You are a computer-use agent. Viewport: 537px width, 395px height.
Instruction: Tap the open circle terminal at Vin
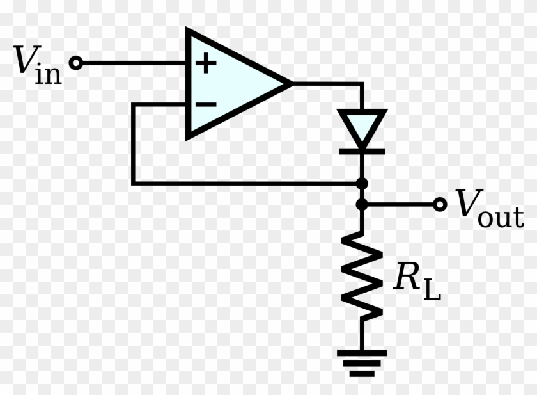tap(76, 63)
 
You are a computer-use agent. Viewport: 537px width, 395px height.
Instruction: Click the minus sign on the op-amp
tap(205, 104)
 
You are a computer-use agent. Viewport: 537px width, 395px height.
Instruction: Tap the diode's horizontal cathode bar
tap(361, 152)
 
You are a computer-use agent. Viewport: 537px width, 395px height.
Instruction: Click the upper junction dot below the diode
tap(362, 184)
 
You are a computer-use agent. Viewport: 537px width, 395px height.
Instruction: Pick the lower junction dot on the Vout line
tap(362, 205)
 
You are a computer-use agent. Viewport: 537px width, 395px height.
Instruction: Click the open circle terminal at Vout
tap(439, 205)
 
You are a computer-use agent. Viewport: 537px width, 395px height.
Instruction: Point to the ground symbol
tap(362, 362)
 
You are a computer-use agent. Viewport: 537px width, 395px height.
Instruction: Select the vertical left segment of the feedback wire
tap(133, 144)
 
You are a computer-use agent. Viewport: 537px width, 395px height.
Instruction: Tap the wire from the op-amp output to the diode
tap(329, 83)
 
